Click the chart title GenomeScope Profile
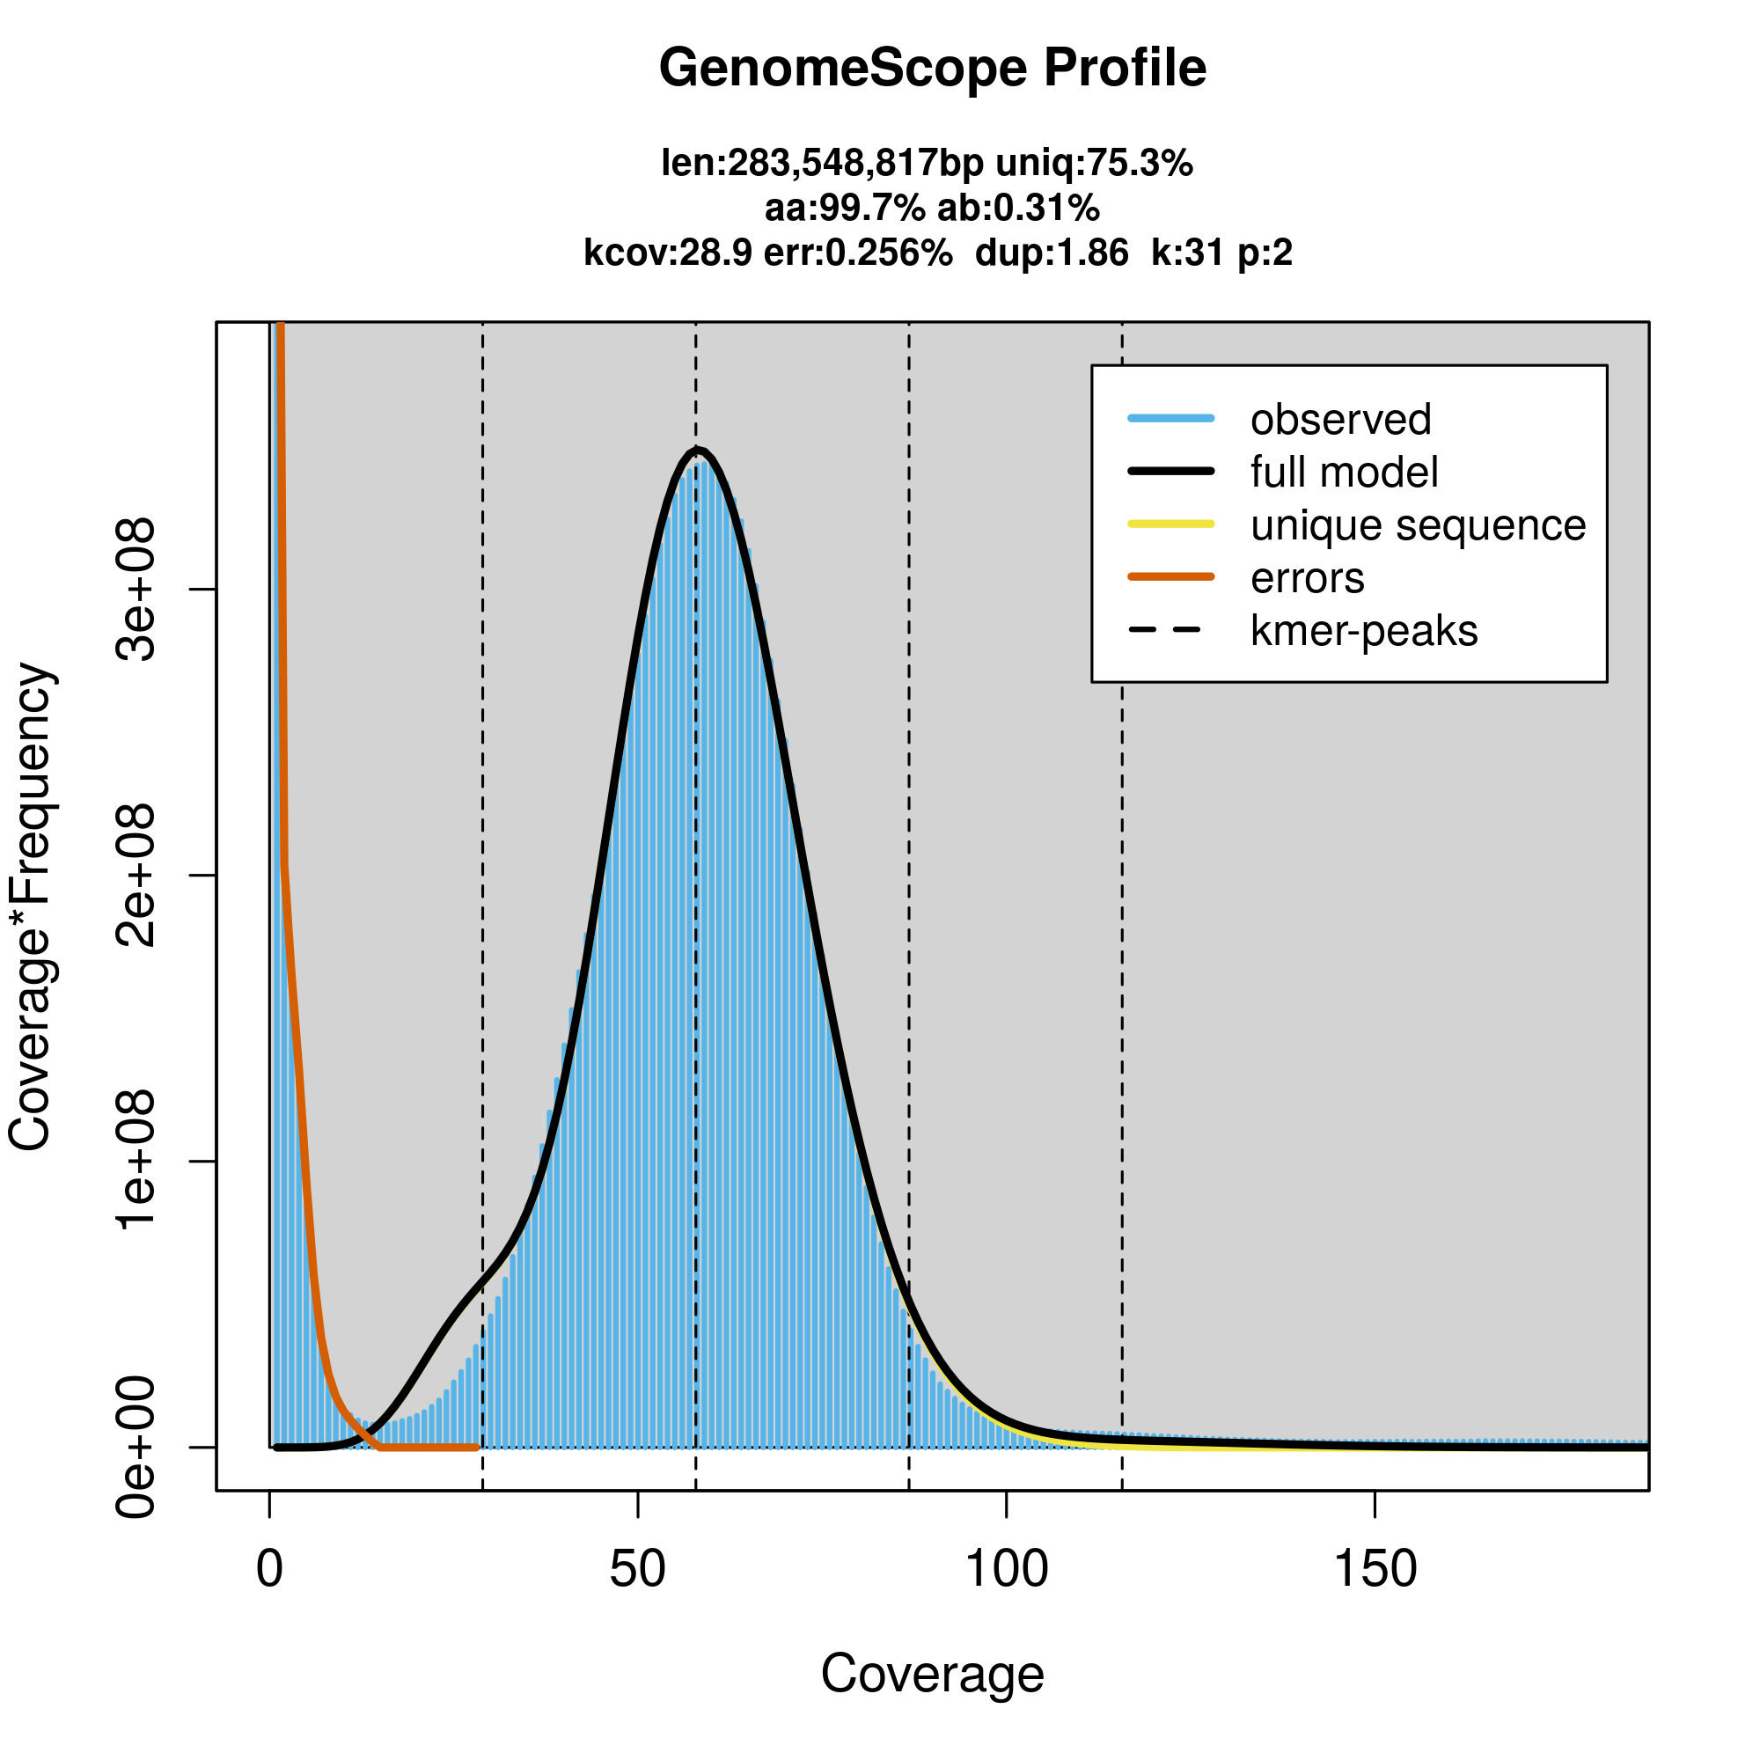[932, 69]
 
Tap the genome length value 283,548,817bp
[854, 164]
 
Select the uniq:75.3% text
[1093, 164]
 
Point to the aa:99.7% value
[844, 209]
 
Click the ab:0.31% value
[1018, 209]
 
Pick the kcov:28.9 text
[668, 253]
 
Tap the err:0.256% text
[858, 253]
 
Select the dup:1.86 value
[1052, 253]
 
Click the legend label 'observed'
[1340, 420]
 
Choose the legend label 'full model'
[1344, 473]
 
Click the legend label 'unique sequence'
[1418, 525]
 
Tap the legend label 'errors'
[1308, 578]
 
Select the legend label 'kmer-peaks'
[1364, 631]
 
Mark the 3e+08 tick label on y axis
[136, 590]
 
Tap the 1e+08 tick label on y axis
[136, 1162]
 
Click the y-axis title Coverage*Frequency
[31, 906]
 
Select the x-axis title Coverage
[932, 1675]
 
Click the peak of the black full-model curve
[697, 449]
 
